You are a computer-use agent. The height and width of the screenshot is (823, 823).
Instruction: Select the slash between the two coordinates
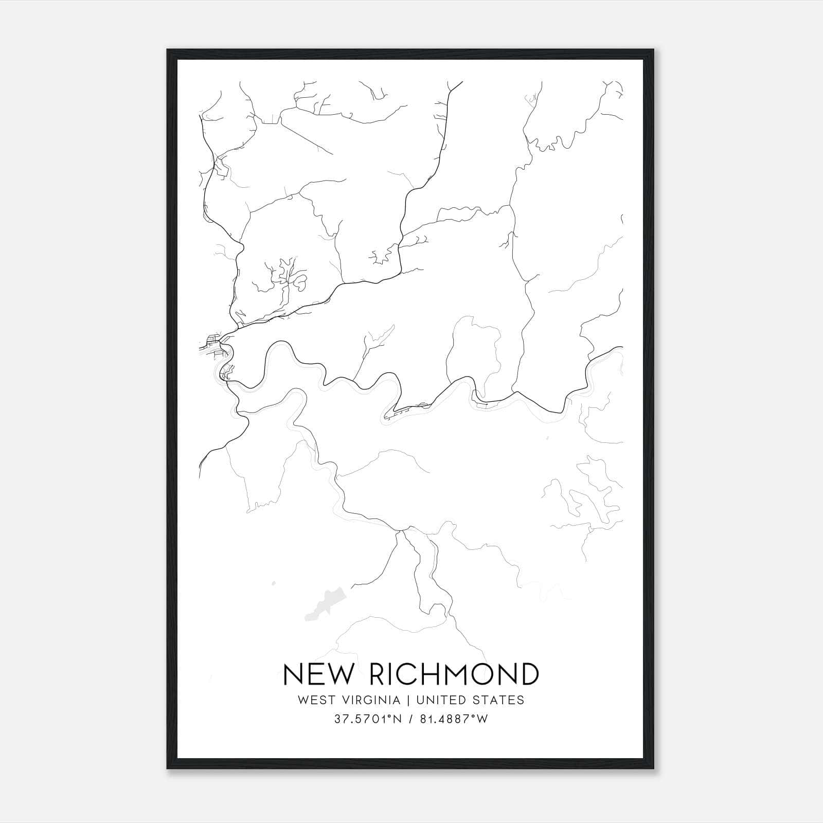pos(409,719)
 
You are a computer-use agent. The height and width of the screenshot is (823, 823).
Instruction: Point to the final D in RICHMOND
pos(529,674)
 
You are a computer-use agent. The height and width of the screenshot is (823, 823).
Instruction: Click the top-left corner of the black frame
pos(168,50)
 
